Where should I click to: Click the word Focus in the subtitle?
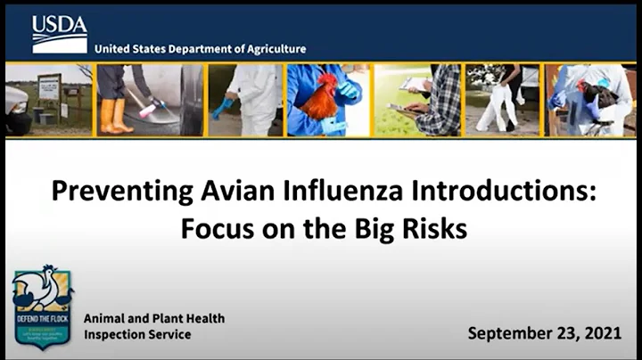point(214,228)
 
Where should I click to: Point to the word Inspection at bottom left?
point(115,335)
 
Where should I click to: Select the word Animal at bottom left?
point(105,318)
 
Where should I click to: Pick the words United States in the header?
point(130,49)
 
